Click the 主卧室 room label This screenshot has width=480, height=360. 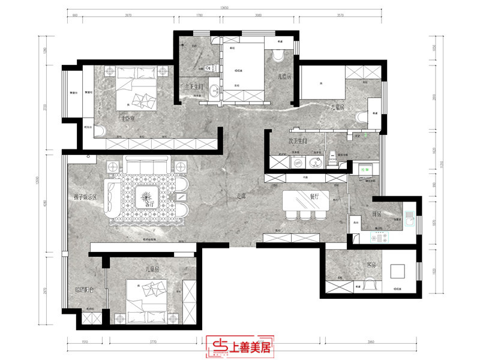128,119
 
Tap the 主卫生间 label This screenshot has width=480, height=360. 195,86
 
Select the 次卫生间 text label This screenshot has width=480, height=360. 298,142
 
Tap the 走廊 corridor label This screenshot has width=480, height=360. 241,196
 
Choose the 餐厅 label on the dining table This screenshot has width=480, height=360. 314,196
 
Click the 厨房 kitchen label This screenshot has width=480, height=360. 378,214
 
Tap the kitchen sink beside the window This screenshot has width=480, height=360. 410,219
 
